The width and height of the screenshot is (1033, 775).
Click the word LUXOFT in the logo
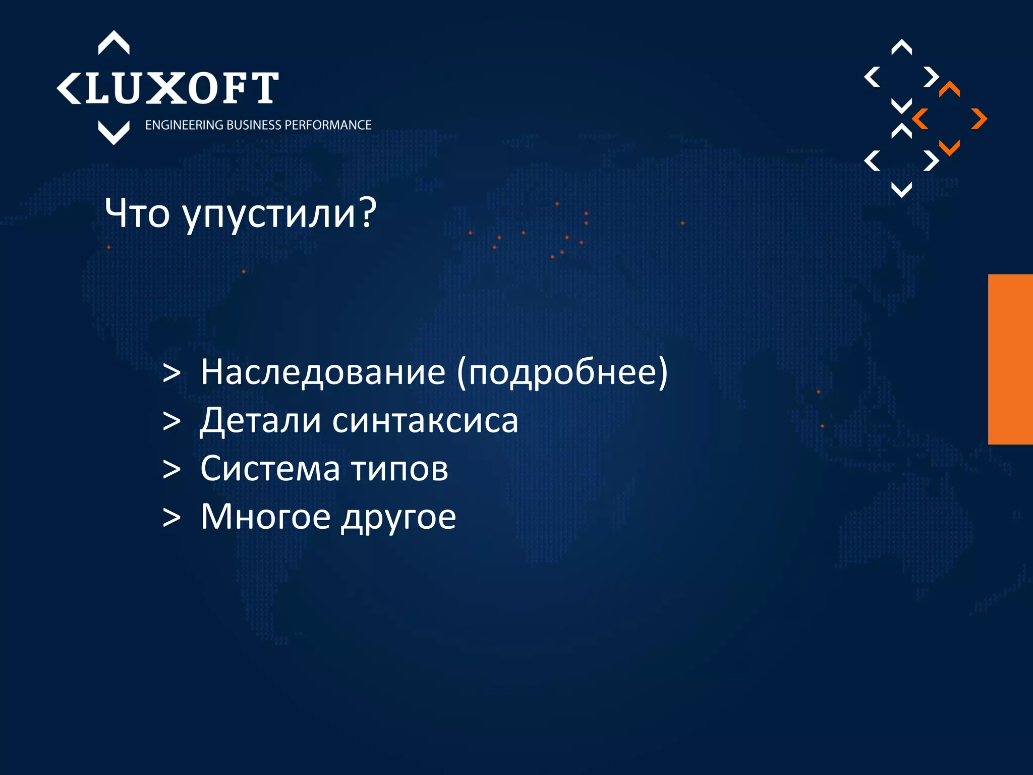point(182,88)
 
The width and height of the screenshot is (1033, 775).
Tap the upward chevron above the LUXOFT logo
point(113,42)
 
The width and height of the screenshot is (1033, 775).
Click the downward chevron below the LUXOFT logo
point(113,133)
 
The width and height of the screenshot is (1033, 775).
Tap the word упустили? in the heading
point(279,215)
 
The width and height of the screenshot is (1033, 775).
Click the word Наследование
point(323,372)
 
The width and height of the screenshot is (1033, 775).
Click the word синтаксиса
point(425,421)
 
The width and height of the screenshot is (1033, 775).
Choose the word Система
point(270,469)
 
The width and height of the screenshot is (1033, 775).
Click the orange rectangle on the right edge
point(1010,359)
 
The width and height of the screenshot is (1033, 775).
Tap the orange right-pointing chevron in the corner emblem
point(980,119)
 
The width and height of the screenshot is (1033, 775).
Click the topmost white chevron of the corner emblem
point(901,47)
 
